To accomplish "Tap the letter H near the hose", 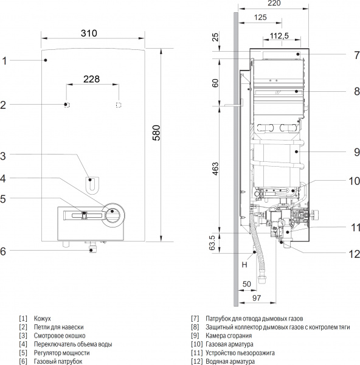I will [x=243, y=264].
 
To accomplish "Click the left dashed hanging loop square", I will [x=67, y=105].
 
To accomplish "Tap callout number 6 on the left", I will [x=4, y=251].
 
